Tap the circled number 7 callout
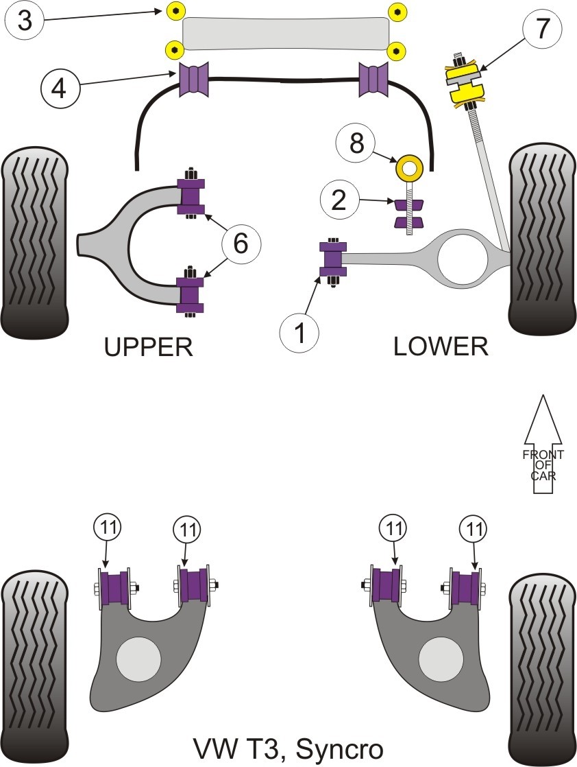(x=543, y=29)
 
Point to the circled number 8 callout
(x=356, y=143)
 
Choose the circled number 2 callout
(x=339, y=200)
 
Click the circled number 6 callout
(x=241, y=243)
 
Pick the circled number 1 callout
(x=299, y=333)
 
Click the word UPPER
(x=149, y=347)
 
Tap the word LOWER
(x=440, y=347)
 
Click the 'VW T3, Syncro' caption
(x=288, y=749)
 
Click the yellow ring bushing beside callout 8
(x=409, y=167)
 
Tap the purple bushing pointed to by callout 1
(x=333, y=259)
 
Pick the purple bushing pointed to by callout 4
(x=195, y=80)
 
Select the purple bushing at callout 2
(x=408, y=213)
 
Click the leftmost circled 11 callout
(x=106, y=528)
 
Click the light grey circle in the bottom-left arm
(x=138, y=659)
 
